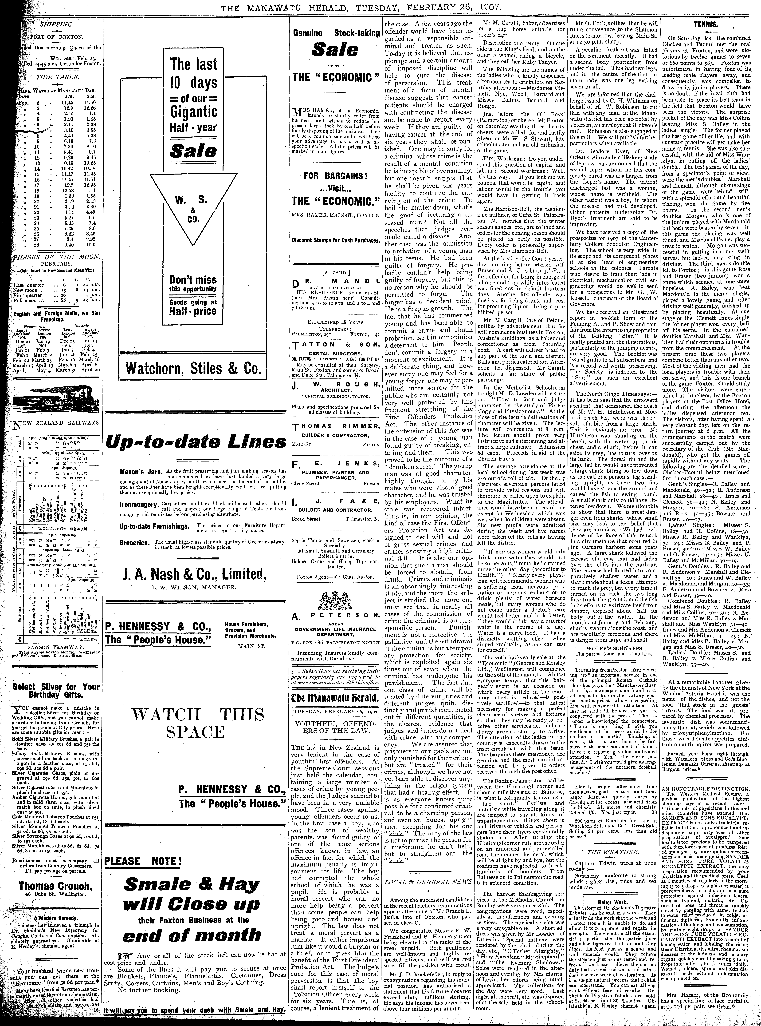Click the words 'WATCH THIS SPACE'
[198, 723]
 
